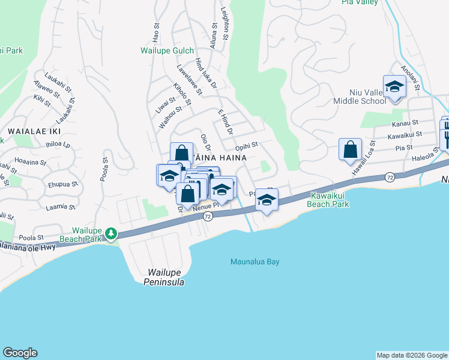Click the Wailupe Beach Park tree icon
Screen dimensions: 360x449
[x=110, y=233]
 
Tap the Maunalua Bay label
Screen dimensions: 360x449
[x=255, y=262]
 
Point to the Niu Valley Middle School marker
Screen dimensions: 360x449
[x=394, y=86]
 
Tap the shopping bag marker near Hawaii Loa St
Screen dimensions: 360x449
[x=350, y=149]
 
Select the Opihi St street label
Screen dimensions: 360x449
[x=246, y=145]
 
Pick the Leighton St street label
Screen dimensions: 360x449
[x=224, y=23]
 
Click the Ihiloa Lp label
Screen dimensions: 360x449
[x=58, y=145]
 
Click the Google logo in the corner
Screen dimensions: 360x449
[x=20, y=353]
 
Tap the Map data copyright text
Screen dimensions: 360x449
[x=412, y=355]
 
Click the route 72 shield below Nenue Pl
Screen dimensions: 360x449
[x=208, y=216]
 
